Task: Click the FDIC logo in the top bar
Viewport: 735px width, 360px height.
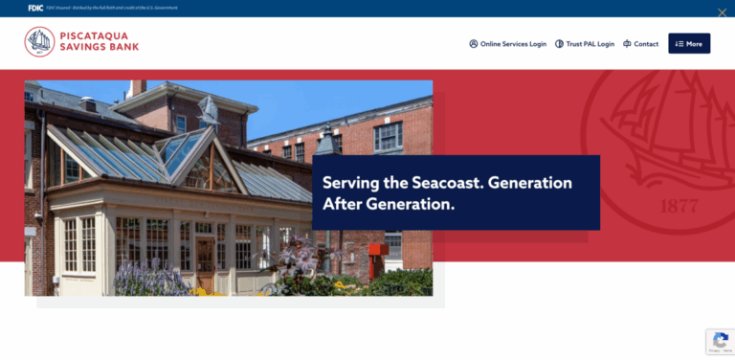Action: (35, 8)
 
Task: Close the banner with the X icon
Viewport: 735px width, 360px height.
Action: (722, 12)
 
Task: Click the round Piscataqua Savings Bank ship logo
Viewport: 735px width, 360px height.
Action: (39, 42)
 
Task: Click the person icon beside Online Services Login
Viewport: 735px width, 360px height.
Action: (473, 44)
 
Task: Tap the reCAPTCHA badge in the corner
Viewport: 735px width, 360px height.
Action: (720, 342)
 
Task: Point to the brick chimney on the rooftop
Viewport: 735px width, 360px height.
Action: (138, 88)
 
